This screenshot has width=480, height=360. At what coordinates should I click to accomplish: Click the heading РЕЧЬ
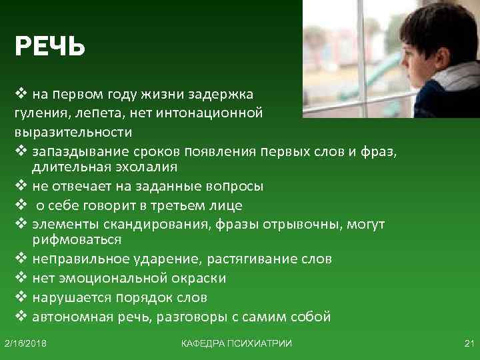click(50, 47)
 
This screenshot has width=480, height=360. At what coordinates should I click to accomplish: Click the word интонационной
click(211, 112)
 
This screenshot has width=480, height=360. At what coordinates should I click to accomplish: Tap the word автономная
click(75, 317)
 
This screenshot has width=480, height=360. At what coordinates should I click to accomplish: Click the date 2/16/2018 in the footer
click(29, 343)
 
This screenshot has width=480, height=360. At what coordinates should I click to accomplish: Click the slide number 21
click(467, 343)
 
